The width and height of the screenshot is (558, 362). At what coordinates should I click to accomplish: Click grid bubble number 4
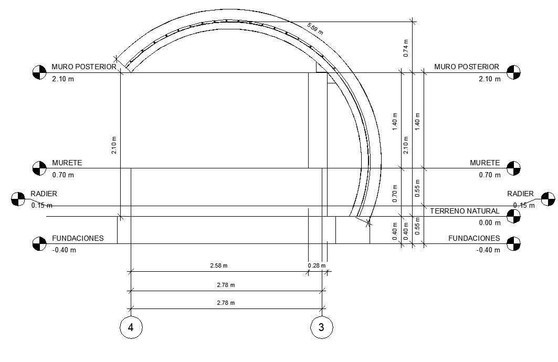pyautogui.click(x=131, y=327)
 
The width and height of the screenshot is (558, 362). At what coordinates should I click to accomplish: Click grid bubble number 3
pyautogui.click(x=322, y=327)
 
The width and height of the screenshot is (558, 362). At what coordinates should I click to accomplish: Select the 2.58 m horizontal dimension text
pyautogui.click(x=219, y=265)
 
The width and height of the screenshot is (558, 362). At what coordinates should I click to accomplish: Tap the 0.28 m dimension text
pyautogui.click(x=314, y=265)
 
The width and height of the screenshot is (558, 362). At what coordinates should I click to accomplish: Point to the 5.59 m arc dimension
pyautogui.click(x=315, y=29)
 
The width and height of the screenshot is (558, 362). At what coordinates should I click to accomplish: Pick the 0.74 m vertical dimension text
pyautogui.click(x=406, y=48)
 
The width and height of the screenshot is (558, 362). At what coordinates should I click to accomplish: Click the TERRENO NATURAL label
pyautogui.click(x=465, y=211)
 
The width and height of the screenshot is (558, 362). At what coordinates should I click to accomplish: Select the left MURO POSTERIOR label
pyautogui.click(x=84, y=67)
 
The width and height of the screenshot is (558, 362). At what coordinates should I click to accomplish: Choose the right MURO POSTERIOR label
pyautogui.click(x=467, y=67)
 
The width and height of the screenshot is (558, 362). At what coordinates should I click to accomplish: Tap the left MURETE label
pyautogui.click(x=67, y=163)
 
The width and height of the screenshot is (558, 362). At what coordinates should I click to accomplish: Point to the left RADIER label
pyautogui.click(x=44, y=194)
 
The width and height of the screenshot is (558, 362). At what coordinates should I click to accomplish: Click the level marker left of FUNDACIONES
pyautogui.click(x=39, y=243)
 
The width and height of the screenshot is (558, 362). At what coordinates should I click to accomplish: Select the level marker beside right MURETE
pyautogui.click(x=513, y=168)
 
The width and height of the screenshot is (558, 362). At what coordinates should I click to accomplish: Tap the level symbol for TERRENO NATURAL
pyautogui.click(x=513, y=216)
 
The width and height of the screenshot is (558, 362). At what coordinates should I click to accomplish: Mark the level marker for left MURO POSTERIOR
pyautogui.click(x=39, y=72)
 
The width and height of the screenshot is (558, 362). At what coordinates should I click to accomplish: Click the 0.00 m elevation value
pyautogui.click(x=490, y=223)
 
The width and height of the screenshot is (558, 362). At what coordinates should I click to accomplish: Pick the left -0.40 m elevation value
pyautogui.click(x=64, y=250)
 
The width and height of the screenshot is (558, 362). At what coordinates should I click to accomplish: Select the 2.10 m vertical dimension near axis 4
pyautogui.click(x=114, y=145)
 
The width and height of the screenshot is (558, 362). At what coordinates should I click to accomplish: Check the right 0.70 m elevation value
pyautogui.click(x=490, y=175)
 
